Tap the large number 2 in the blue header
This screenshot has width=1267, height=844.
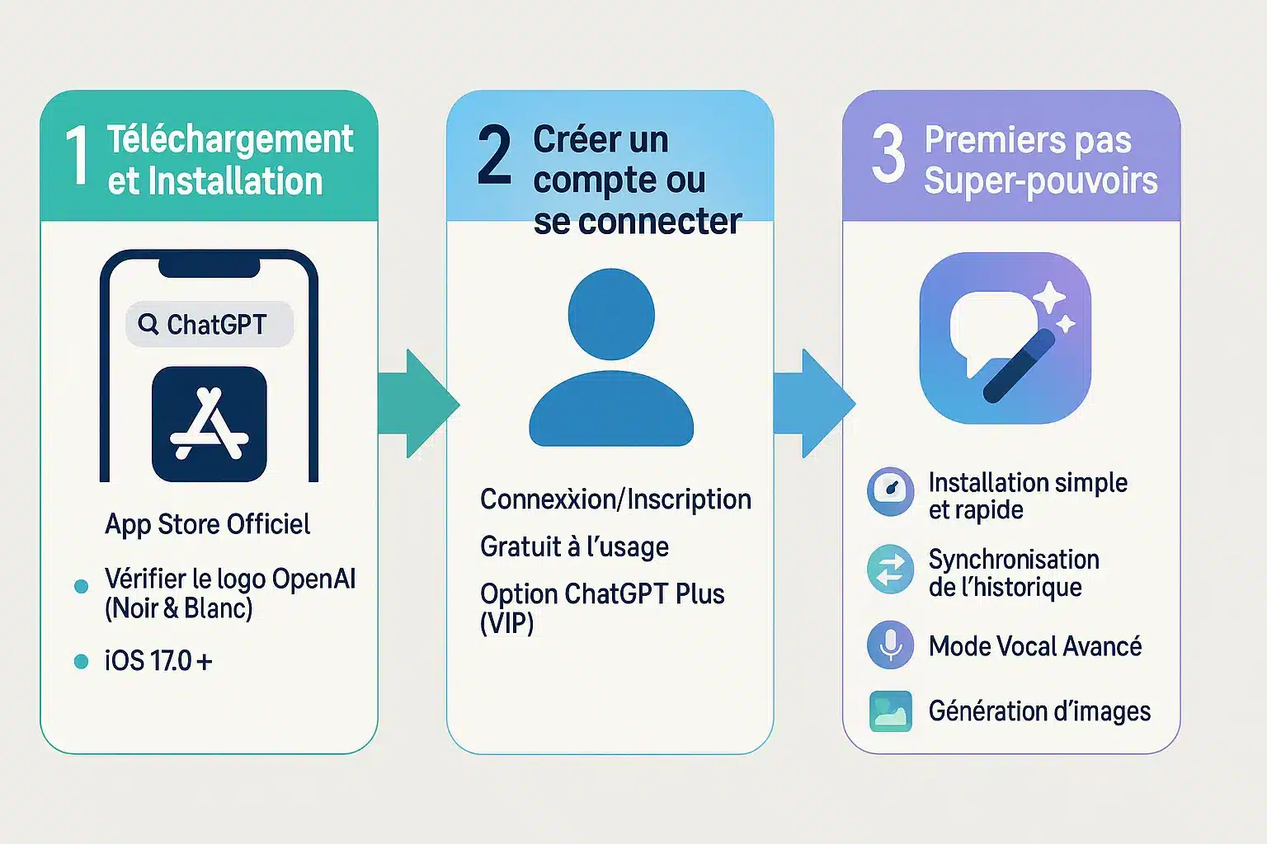[x=494, y=154]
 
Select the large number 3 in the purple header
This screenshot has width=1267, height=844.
[x=888, y=154]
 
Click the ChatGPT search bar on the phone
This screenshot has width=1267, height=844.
[x=210, y=324]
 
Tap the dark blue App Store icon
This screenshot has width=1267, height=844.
[x=210, y=424]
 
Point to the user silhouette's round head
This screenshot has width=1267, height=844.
[x=611, y=314]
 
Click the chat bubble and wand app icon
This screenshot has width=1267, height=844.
[x=1005, y=338]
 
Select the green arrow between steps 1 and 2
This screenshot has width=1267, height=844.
[x=417, y=403]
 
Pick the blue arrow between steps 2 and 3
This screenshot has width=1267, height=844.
[x=813, y=403]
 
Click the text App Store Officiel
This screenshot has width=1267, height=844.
[x=207, y=524]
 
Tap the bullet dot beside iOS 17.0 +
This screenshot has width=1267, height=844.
[x=81, y=661]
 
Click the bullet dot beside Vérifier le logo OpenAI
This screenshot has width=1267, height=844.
[x=81, y=586]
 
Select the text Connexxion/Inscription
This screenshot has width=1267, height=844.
[x=615, y=499]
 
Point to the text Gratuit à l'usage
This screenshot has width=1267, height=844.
[x=574, y=546]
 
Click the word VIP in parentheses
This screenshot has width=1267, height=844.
[x=506, y=623]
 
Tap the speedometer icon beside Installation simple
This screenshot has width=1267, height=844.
[x=891, y=491]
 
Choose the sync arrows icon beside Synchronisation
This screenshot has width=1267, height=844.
[x=891, y=569]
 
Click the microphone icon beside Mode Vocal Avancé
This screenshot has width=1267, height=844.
[x=891, y=645]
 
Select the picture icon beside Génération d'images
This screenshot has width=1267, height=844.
[x=891, y=711]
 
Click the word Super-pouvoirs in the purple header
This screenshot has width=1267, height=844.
[x=1040, y=181]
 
